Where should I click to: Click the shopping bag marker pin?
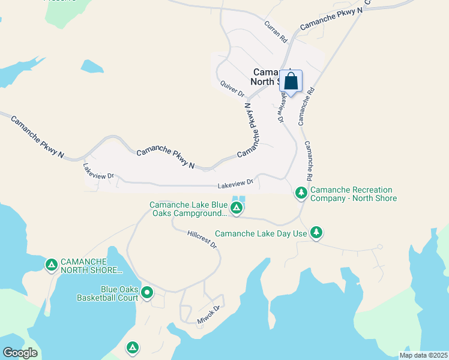[291, 82]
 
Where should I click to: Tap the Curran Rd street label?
[276, 31]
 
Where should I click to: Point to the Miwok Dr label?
[209, 315]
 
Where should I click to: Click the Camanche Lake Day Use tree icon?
[316, 233]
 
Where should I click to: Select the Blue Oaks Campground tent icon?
[237, 208]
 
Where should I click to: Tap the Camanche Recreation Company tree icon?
[301, 193]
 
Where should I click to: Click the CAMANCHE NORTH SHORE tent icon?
[52, 264]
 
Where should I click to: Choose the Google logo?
[20, 353]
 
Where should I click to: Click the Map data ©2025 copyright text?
[423, 355]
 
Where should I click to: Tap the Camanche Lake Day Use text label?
[261, 233]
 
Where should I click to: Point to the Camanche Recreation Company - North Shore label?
[354, 194]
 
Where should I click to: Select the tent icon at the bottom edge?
[133, 347]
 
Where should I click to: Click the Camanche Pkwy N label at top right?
[331, 19]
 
